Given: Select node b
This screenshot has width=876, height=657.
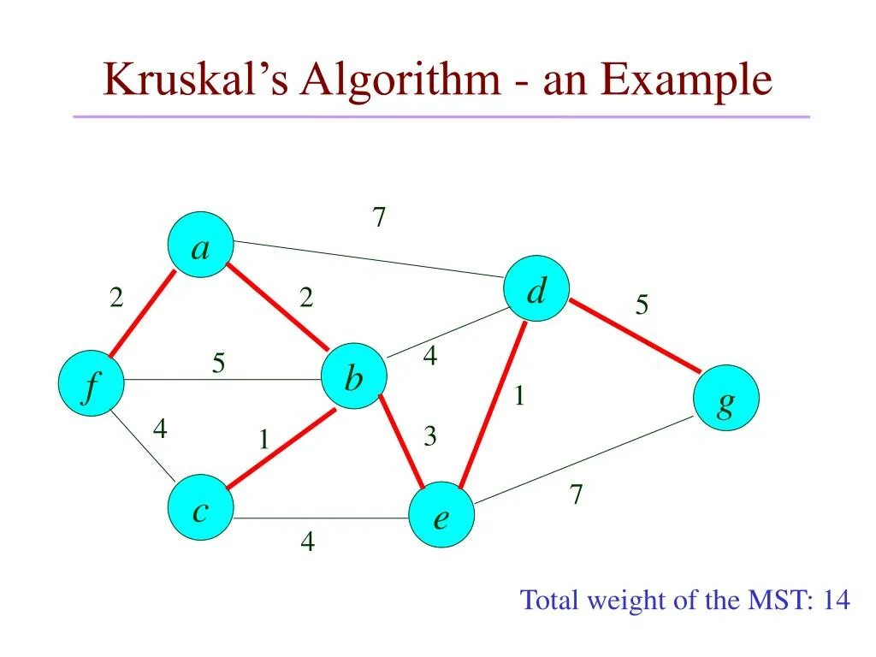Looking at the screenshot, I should (x=354, y=376).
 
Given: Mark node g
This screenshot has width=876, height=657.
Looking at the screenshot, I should (x=725, y=397).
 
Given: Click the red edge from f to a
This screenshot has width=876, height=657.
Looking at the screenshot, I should (x=142, y=315).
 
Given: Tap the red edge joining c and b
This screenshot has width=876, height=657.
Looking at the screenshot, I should (x=280, y=449).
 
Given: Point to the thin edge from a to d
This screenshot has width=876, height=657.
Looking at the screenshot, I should (x=368, y=259).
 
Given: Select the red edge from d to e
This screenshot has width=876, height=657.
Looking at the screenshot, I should (x=494, y=402).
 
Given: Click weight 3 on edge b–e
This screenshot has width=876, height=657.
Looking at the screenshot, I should (x=429, y=437).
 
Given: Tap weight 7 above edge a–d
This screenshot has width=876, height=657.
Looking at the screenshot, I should (x=379, y=218).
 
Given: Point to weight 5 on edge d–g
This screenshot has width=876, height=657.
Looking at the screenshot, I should (x=642, y=305).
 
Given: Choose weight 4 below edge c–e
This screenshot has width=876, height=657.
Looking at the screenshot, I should (x=306, y=542).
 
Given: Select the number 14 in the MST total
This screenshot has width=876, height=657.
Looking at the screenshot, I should (x=835, y=600).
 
